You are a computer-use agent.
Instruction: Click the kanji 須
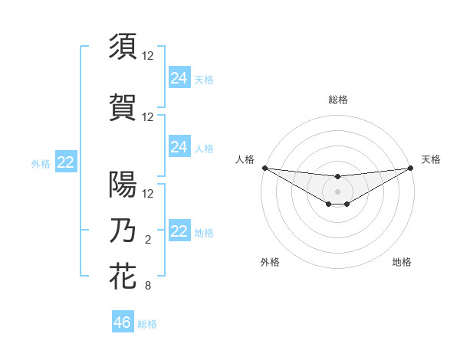(x=123, y=46)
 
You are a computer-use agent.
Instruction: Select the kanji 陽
(x=123, y=184)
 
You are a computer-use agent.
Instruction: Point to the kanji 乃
(x=123, y=231)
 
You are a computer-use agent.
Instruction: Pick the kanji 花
(x=123, y=277)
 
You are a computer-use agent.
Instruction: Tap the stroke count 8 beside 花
(x=148, y=286)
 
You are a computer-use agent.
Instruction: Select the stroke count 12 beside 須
(x=148, y=56)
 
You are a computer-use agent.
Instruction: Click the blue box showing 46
(x=122, y=322)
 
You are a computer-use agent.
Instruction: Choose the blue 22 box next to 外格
(x=65, y=162)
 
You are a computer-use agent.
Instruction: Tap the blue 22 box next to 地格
(x=179, y=231)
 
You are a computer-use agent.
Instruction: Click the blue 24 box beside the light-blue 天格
(x=179, y=78)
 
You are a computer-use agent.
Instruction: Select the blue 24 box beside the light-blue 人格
(x=179, y=147)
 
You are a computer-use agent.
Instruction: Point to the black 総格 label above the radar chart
(x=337, y=100)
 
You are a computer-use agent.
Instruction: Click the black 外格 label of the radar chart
(x=270, y=262)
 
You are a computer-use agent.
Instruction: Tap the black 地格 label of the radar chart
(x=402, y=262)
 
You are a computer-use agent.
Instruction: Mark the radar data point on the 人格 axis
(x=264, y=168)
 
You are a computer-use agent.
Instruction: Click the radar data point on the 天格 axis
(x=410, y=168)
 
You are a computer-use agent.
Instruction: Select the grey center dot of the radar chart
(x=337, y=191)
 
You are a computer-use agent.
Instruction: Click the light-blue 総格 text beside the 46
(x=148, y=323)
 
